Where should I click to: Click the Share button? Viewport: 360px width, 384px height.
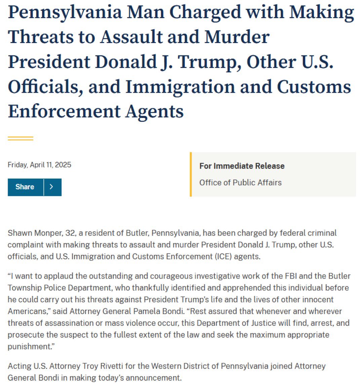25,187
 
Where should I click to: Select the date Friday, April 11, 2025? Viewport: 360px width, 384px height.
39,165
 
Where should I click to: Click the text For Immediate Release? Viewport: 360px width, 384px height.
242,166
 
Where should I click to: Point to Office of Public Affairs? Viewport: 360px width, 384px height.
240,183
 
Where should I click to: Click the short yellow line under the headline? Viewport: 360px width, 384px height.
21,138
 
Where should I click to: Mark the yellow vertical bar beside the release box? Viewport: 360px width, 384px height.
191,174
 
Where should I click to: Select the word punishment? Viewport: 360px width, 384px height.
29,346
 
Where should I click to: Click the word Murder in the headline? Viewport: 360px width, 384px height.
237,37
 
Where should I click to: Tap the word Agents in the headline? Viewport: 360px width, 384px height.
155,111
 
